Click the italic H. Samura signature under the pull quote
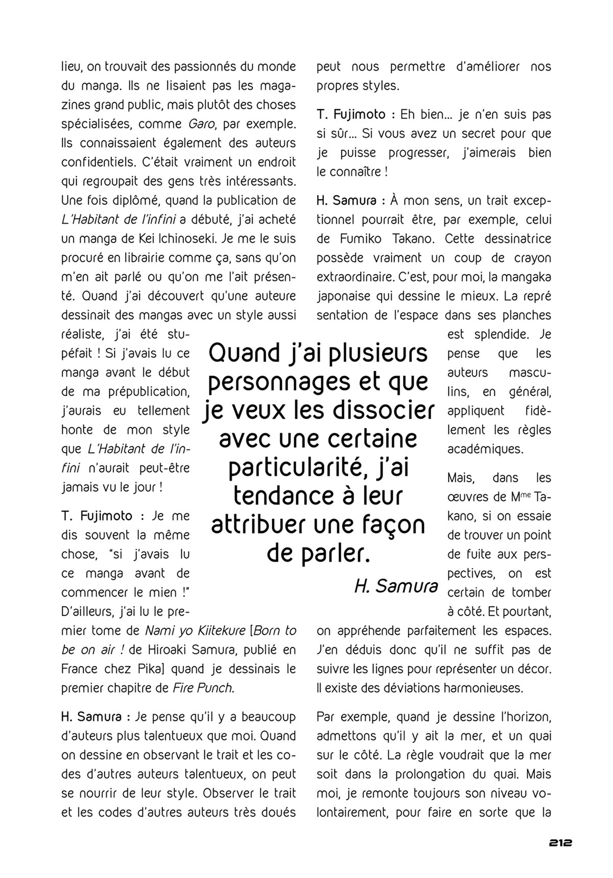(x=396, y=587)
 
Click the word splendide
(x=503, y=335)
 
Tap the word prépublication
(x=149, y=392)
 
